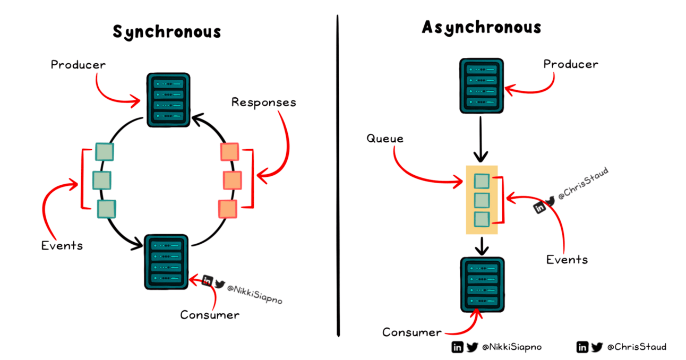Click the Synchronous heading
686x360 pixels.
tap(167, 32)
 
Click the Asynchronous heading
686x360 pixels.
tap(482, 27)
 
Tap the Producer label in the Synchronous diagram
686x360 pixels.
tap(78, 65)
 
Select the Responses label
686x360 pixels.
tap(263, 102)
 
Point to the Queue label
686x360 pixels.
tap(385, 139)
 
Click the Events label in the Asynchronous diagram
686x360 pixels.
tap(567, 259)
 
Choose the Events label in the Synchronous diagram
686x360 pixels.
tap(62, 245)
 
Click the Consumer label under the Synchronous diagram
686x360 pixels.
tap(210, 315)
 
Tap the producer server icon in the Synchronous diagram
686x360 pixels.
tap(168, 100)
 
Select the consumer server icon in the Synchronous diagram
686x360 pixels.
tap(166, 262)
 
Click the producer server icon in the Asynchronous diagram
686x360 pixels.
tap(481, 85)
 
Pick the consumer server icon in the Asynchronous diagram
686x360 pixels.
tap(482, 284)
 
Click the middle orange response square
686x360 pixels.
tap(232, 181)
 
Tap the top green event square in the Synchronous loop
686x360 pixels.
tap(105, 152)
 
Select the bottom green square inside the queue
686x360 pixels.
tap(482, 219)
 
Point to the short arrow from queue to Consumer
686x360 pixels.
tap(482, 246)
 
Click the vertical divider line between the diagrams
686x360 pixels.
tap(338, 175)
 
